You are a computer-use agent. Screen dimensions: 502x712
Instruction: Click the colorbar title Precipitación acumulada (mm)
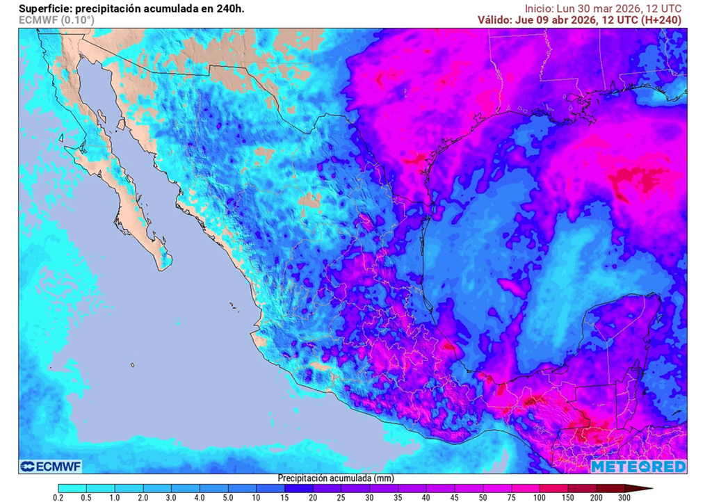(336, 478)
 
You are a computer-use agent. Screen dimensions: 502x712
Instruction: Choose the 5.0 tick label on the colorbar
(227, 498)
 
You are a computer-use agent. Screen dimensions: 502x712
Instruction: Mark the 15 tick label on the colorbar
(284, 498)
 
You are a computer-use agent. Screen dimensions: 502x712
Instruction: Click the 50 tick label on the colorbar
(483, 498)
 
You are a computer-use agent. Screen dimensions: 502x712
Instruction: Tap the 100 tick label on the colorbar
(540, 498)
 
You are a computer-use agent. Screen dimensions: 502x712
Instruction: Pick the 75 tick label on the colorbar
(512, 498)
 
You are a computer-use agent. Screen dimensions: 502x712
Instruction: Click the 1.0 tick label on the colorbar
(114, 498)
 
